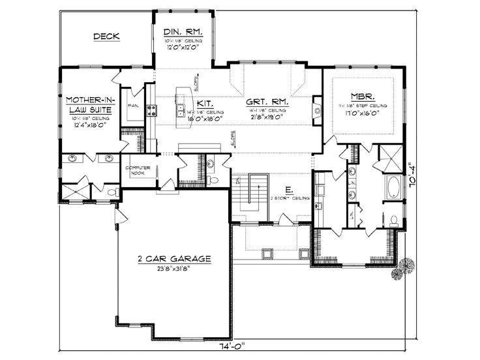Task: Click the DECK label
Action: click(106, 37)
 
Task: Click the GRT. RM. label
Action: click(268, 103)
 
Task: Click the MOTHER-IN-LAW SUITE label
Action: click(89, 105)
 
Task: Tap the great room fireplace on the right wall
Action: click(317, 108)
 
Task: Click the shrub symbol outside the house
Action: click(404, 267)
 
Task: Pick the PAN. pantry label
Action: click(132, 106)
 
